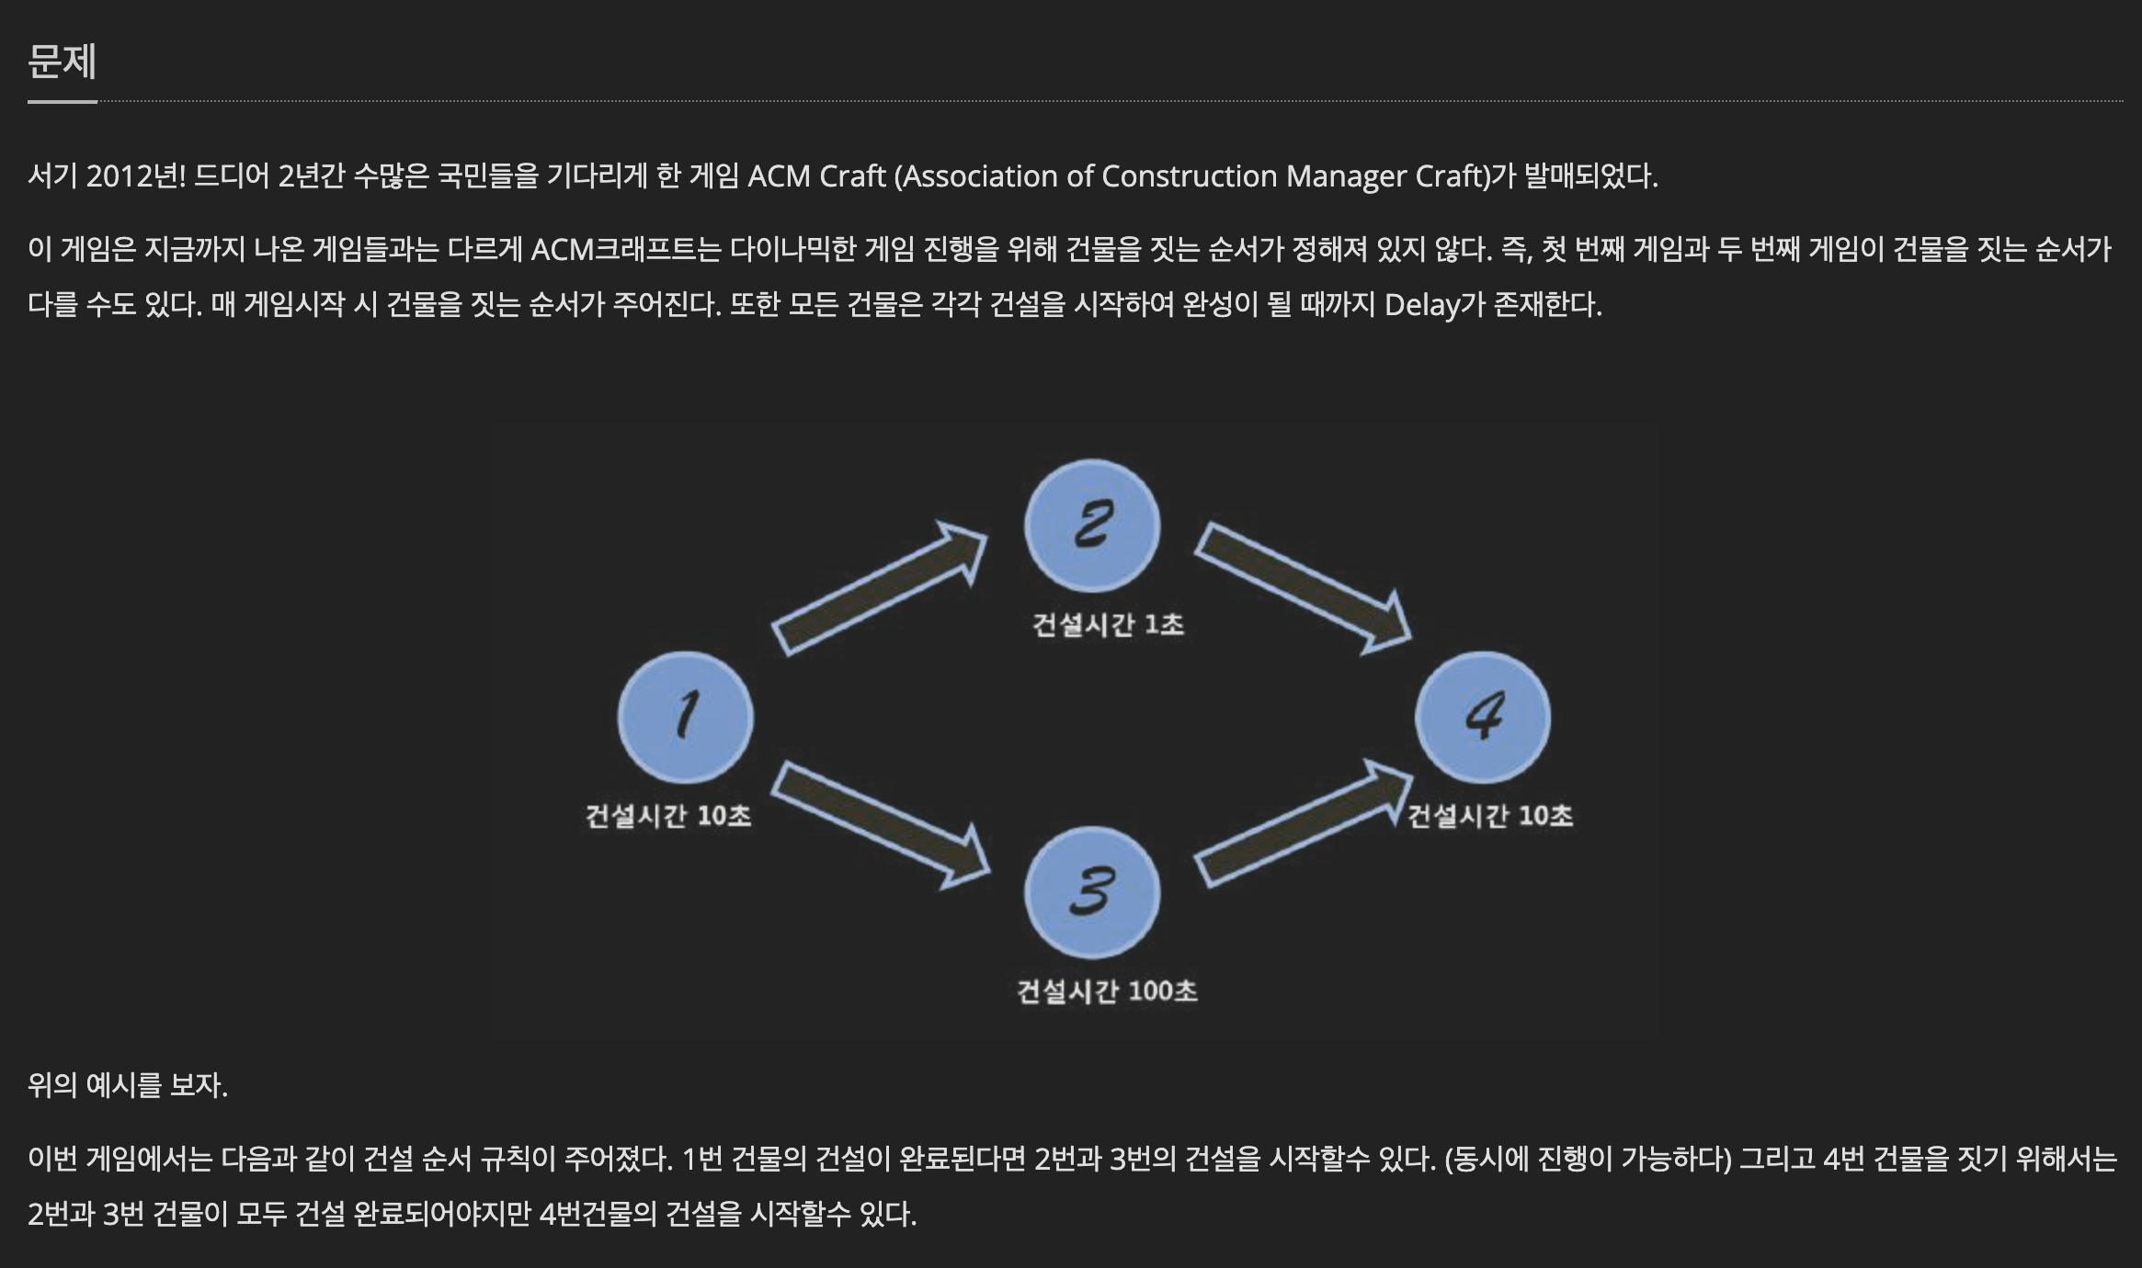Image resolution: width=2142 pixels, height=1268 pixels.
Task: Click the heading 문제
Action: pyautogui.click(x=62, y=62)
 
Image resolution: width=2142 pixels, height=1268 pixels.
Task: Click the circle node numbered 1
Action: pyautogui.click(x=686, y=717)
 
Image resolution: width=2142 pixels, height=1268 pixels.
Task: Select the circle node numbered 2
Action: pyautogui.click(x=1092, y=526)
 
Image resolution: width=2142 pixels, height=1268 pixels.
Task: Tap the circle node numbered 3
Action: pyautogui.click(x=1092, y=892)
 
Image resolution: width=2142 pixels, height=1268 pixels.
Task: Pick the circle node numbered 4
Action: pyautogui.click(x=1482, y=717)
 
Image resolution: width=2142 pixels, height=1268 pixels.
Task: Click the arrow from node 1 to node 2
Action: pyautogui.click(x=878, y=588)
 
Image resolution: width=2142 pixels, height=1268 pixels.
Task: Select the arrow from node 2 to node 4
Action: pyautogui.click(x=1302, y=586)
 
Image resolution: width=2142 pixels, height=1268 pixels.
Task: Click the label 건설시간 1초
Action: pyautogui.click(x=1108, y=625)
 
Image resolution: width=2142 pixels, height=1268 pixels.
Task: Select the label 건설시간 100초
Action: pyautogui.click(x=1107, y=991)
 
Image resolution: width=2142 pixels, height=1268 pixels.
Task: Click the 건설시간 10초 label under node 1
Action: pyautogui.click(x=668, y=816)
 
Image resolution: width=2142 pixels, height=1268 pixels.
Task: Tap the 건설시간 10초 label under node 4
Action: pyautogui.click(x=1490, y=816)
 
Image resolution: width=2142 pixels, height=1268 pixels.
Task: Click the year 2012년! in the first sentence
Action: pyautogui.click(x=136, y=175)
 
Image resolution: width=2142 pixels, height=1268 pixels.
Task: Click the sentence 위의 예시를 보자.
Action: pyautogui.click(x=128, y=1085)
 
